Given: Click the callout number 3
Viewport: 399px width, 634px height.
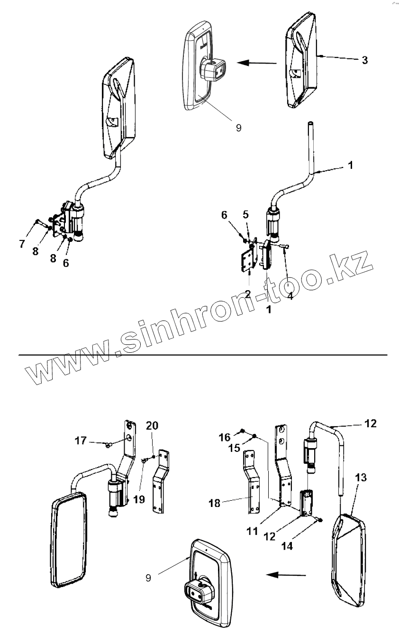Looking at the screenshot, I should (x=364, y=61).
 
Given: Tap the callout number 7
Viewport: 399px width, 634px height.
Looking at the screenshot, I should (x=21, y=244).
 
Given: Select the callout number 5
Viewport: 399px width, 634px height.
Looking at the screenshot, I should (x=245, y=214).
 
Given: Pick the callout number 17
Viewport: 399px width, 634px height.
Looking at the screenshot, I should (x=81, y=441).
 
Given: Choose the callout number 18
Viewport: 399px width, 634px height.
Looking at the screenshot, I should (x=215, y=503).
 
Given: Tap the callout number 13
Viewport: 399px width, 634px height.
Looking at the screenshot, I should (x=360, y=478).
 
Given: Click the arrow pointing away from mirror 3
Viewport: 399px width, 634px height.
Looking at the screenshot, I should (x=256, y=62).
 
